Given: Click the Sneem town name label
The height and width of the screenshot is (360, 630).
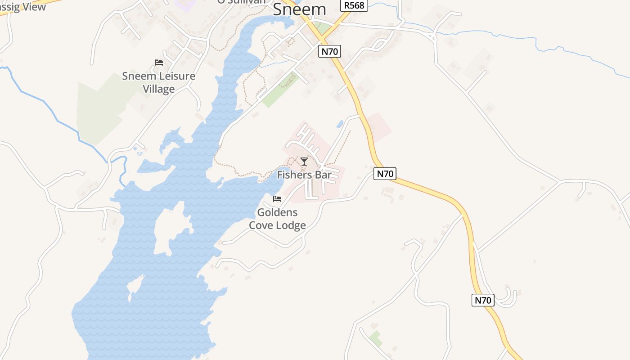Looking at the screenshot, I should coord(299,9).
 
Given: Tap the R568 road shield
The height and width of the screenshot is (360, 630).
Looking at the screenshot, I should coord(353,5).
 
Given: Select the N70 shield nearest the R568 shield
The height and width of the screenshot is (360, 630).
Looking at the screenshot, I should coord(329,51).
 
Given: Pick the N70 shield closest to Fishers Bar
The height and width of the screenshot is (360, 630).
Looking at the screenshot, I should coord(385,174).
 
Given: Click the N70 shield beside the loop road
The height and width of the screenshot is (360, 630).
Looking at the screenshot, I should coord(483,300).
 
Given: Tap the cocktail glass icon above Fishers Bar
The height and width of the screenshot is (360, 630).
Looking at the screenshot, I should coord(304,162).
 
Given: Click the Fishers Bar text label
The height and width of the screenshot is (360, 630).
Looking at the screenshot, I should coord(304,175).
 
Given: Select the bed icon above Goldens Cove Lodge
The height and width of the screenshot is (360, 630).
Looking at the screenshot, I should coord(277,198).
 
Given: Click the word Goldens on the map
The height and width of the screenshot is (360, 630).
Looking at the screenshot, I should coord(277,212).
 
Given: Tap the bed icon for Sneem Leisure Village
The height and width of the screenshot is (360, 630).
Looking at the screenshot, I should coord(158,63).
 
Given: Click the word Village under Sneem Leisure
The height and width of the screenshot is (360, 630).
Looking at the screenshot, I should coord(159,89).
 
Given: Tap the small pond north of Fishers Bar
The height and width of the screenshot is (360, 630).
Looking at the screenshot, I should coord(340,123).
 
